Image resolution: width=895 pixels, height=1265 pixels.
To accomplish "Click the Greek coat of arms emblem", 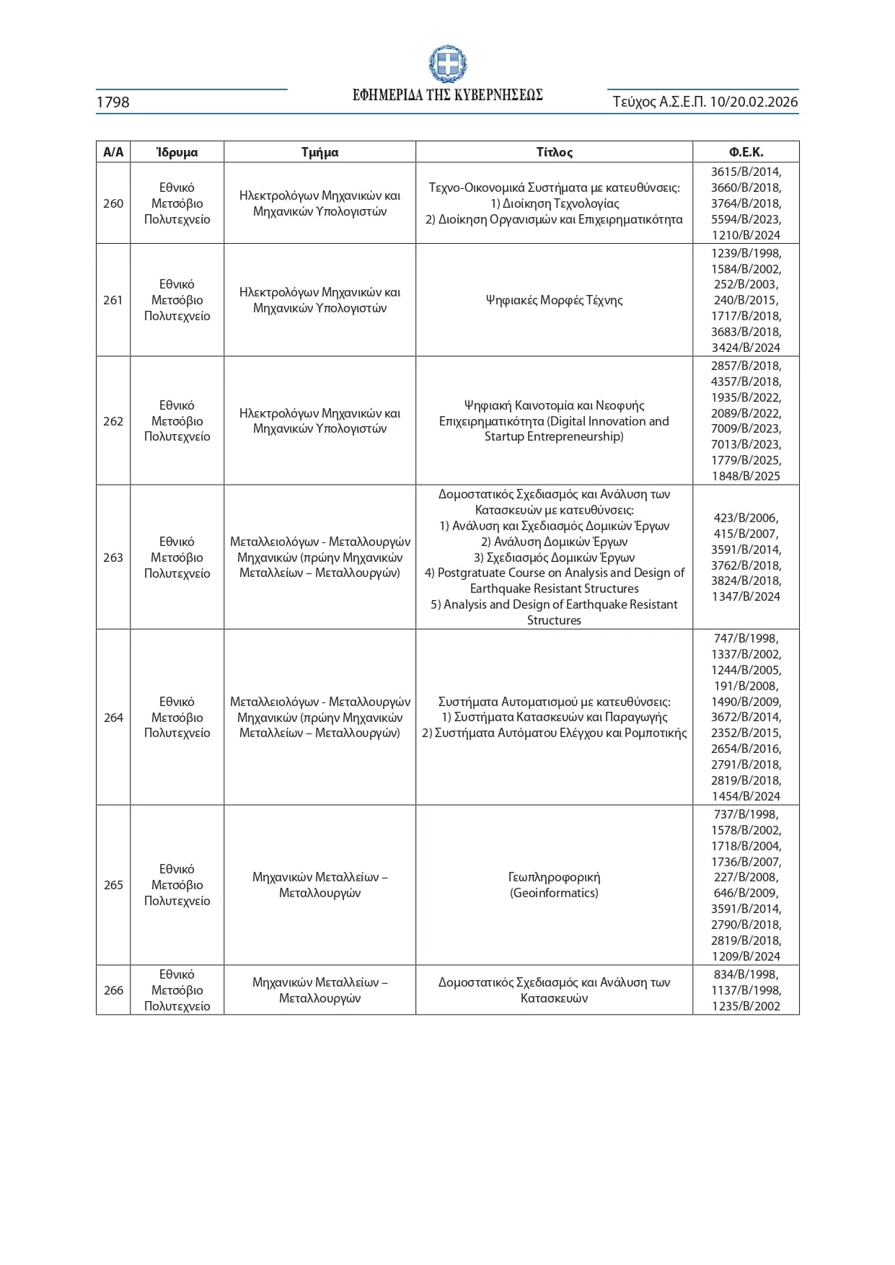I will pos(447,64).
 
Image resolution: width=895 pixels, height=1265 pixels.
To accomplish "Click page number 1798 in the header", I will pos(113,102).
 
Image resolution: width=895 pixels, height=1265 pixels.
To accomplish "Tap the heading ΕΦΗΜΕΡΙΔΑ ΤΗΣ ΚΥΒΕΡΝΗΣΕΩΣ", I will pos(447,95).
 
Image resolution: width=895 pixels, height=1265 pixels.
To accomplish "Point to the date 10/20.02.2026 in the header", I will pos(754,102).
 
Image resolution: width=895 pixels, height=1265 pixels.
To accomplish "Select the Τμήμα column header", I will pos(319,152).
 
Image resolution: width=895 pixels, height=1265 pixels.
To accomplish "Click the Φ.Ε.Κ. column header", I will pos(746,152).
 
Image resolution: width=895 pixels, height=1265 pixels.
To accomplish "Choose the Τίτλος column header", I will pos(554,152).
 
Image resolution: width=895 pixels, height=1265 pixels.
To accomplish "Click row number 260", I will pos(113,203).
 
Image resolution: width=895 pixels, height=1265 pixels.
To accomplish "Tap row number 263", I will pos(113,557).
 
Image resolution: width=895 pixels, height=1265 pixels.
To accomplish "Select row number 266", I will pos(113,990).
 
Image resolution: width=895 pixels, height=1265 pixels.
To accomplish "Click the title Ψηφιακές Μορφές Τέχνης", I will pos(554,300).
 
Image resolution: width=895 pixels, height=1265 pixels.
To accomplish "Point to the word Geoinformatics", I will pos(554,893).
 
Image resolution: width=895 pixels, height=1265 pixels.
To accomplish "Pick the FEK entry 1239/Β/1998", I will pos(746,253).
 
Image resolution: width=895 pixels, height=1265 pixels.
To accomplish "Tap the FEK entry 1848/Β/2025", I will pos(746,476).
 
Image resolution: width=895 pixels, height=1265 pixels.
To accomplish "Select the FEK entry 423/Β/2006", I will pos(746,518).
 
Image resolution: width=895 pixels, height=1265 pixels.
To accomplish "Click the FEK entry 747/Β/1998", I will pos(746,638).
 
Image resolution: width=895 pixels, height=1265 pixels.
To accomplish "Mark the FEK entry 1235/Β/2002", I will pos(746,1006).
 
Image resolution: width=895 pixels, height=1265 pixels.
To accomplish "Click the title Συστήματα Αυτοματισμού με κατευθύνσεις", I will pos(554,702).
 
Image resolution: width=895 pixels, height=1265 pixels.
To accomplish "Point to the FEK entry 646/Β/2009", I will pos(746,893).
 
